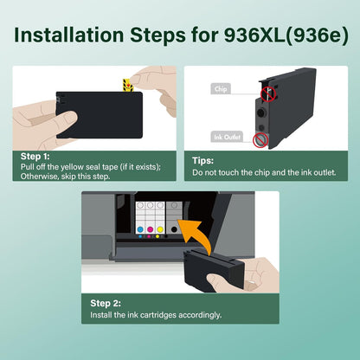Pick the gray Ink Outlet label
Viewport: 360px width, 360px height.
[x=224, y=136]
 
